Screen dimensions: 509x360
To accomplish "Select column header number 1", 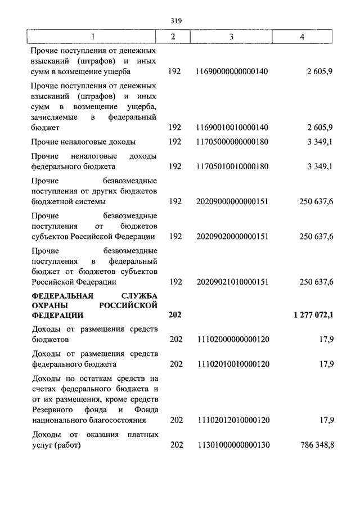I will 94,37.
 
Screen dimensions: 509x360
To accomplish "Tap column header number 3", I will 231,37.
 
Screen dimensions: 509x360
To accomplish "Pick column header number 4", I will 303,37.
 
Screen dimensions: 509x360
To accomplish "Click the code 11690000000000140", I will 232,72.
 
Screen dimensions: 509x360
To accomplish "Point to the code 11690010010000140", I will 232,128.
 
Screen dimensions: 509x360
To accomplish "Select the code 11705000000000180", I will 232,142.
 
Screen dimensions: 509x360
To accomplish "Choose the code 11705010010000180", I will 232,166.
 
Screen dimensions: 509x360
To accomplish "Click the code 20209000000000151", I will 232,201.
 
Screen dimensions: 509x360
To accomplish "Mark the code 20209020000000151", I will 232,236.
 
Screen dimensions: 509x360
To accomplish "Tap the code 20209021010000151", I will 232,282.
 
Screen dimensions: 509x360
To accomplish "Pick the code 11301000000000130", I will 232,445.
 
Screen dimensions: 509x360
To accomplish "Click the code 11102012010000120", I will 232,420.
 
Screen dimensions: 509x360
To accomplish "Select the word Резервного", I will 52,409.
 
